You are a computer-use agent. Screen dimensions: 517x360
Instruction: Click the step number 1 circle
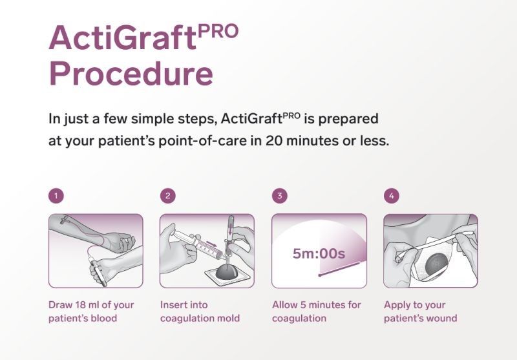(x=56, y=196)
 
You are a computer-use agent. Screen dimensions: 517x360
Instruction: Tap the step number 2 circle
(x=168, y=196)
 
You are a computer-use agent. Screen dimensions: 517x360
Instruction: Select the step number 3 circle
(x=280, y=196)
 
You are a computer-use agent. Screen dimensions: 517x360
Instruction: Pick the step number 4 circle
(x=392, y=196)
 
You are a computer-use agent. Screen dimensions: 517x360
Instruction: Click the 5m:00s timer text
(x=319, y=253)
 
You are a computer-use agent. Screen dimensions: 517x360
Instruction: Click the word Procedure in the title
(x=131, y=74)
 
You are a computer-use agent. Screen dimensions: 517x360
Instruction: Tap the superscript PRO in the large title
(x=218, y=32)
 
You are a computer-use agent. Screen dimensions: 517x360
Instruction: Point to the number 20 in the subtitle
(x=273, y=141)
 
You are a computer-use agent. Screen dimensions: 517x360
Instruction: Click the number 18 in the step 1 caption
(x=82, y=305)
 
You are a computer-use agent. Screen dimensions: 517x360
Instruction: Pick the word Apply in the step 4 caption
(x=396, y=306)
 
